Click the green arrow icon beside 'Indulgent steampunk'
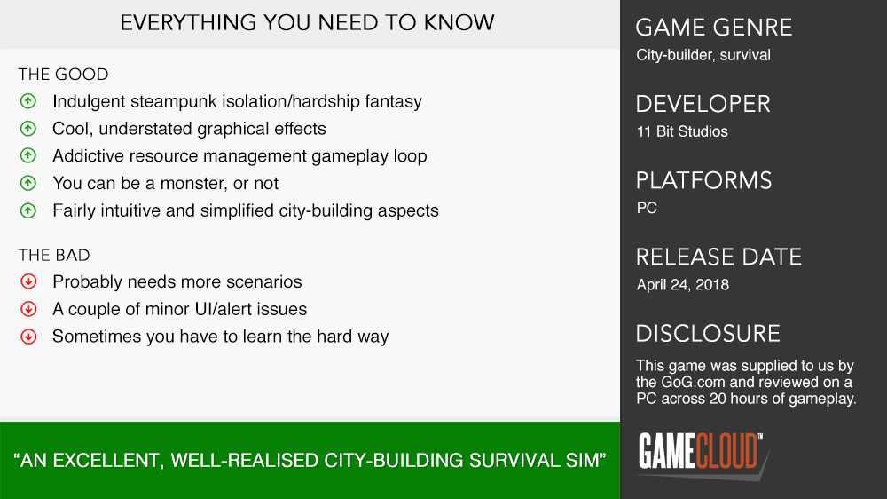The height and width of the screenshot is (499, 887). pyautogui.click(x=28, y=101)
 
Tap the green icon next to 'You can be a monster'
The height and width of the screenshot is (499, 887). pyautogui.click(x=28, y=183)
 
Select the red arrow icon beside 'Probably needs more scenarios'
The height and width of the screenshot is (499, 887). pyautogui.click(x=28, y=281)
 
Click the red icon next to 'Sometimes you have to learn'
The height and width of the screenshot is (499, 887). pyautogui.click(x=28, y=337)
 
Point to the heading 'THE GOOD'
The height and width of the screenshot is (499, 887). pyautogui.click(x=63, y=75)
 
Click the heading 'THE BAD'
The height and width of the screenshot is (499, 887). pyautogui.click(x=54, y=256)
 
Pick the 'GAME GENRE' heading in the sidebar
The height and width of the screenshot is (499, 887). pyautogui.click(x=714, y=28)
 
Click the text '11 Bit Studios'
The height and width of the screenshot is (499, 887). pyautogui.click(x=682, y=131)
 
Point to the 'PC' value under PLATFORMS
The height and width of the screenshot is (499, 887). pyautogui.click(x=647, y=208)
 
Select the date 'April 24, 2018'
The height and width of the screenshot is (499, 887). pyautogui.click(x=683, y=284)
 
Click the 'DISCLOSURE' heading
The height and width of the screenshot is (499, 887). pyautogui.click(x=708, y=334)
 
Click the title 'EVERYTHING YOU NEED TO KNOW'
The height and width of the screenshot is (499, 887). pyautogui.click(x=307, y=23)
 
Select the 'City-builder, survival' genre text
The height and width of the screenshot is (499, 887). pyautogui.click(x=703, y=55)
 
